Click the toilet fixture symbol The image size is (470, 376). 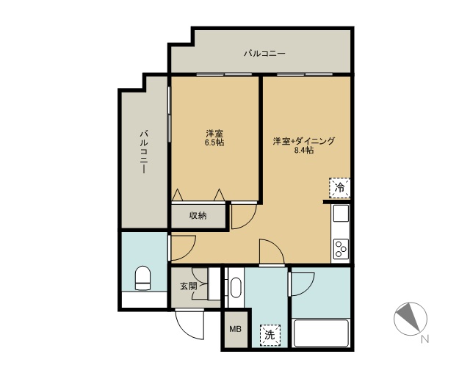[142, 278]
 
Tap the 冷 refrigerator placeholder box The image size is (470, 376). [339, 188]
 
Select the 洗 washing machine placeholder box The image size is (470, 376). [270, 335]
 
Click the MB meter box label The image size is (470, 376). [235, 329]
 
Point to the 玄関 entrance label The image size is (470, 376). [189, 286]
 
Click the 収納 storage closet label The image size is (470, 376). [198, 216]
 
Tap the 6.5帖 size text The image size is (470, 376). [214, 142]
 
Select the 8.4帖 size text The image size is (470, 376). [304, 151]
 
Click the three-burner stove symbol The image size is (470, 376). [341, 249]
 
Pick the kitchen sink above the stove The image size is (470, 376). [341, 213]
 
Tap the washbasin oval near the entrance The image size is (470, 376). [236, 288]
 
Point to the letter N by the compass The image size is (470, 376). [425, 339]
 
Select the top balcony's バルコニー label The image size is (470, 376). [264, 54]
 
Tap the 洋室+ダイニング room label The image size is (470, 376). [303, 141]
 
